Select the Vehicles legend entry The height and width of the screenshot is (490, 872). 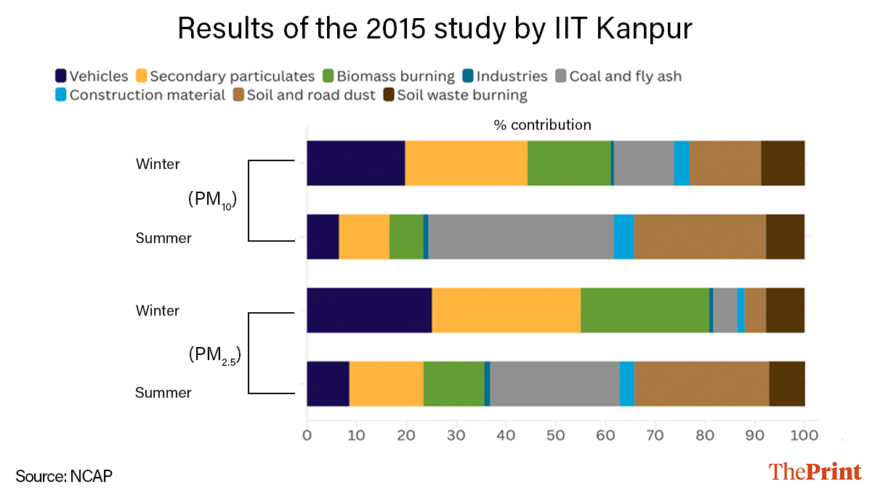92,76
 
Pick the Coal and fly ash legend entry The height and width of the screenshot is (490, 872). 618,76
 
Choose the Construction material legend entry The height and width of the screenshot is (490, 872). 140,95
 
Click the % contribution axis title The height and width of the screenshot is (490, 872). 542,125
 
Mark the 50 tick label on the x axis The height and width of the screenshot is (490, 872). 555,436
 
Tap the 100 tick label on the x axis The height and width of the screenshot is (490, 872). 804,436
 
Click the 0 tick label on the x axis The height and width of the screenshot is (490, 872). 307,436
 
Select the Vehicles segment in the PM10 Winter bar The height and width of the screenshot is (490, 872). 355,163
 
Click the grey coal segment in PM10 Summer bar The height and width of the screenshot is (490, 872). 520,237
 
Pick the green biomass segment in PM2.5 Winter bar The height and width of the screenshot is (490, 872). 645,310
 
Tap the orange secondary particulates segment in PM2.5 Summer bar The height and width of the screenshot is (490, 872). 386,383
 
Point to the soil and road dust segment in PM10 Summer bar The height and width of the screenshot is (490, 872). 699,237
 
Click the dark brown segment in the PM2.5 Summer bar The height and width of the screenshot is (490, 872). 786,383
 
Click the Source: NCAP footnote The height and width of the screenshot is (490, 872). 64,476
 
